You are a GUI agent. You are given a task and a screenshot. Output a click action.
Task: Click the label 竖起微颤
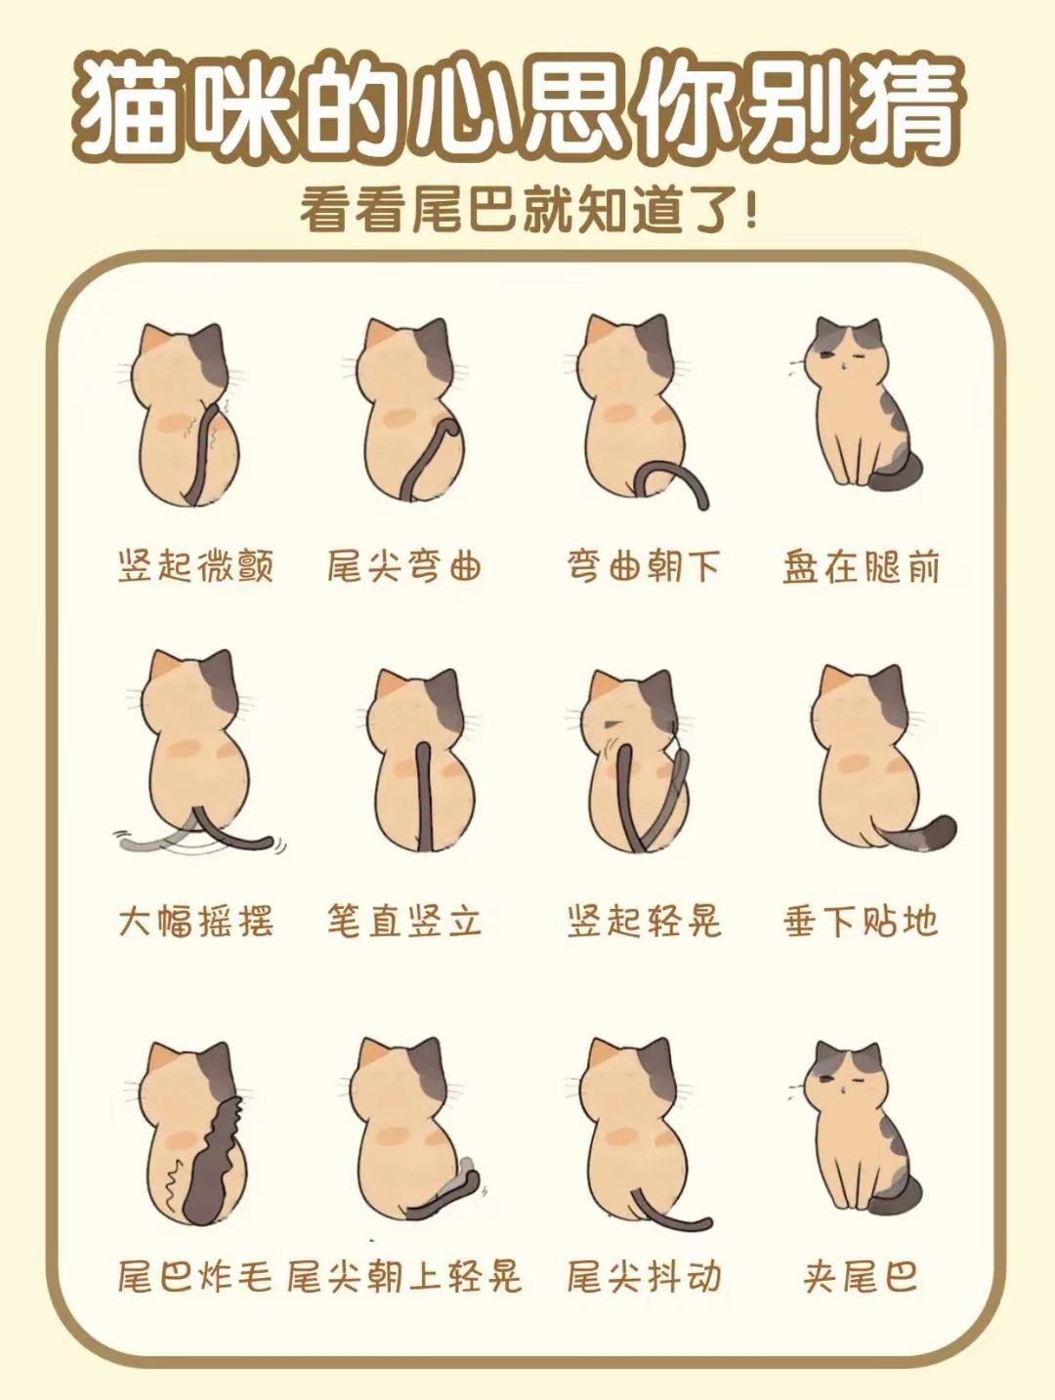[195, 566]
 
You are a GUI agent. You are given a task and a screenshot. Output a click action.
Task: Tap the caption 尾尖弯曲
[404, 566]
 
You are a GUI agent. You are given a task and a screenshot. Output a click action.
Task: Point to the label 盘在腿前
[861, 566]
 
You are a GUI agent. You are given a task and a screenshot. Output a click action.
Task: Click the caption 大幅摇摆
[195, 921]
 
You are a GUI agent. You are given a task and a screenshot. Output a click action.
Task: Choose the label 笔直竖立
[404, 921]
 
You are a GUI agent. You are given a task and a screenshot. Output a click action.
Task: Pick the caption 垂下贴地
[861, 921]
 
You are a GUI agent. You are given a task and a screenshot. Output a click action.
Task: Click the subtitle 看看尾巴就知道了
[527, 211]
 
